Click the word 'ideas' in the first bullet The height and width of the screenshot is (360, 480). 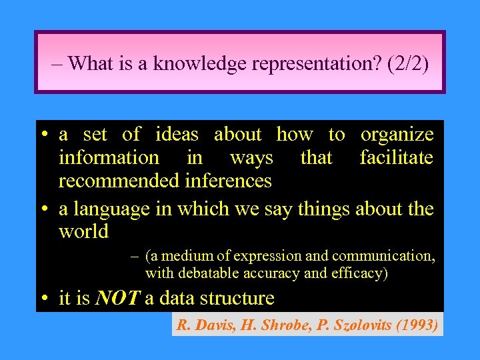click(177, 134)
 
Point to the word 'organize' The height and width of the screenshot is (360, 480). click(397, 134)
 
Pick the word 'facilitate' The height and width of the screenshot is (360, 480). click(396, 157)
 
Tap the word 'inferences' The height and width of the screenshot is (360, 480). click(228, 181)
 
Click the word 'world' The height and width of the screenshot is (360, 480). click(83, 232)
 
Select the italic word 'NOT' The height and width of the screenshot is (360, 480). click(117, 298)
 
